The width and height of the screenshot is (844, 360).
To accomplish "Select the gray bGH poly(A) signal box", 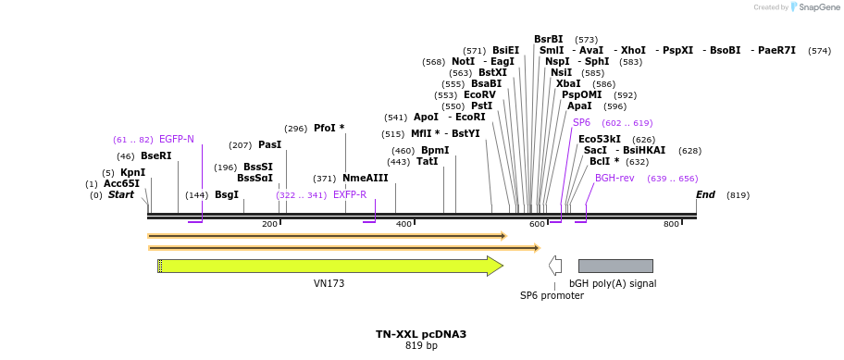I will click(615, 267).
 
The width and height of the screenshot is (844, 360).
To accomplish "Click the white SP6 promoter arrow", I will click(555, 267).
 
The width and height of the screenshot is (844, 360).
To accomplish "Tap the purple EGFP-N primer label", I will click(177, 139).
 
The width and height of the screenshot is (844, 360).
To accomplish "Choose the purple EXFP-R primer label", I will click(350, 194).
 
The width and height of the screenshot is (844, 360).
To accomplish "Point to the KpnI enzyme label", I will click(132, 172).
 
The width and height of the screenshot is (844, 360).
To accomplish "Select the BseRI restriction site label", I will click(155, 155).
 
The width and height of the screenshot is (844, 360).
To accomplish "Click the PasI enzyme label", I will click(269, 144).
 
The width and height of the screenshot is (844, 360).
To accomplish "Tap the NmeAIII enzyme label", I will click(366, 178).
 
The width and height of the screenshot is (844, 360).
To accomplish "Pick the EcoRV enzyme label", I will click(479, 94).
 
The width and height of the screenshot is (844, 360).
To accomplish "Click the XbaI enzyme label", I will click(568, 83).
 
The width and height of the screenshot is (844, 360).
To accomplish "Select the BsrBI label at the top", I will click(548, 39).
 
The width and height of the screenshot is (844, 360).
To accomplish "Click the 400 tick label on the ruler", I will click(403, 224).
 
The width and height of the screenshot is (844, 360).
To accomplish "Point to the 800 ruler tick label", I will click(671, 224).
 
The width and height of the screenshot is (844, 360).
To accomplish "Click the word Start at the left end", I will click(121, 194).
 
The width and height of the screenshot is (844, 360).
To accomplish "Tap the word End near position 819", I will click(705, 194).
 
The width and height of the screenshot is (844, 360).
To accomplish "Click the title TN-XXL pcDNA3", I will click(421, 334).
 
